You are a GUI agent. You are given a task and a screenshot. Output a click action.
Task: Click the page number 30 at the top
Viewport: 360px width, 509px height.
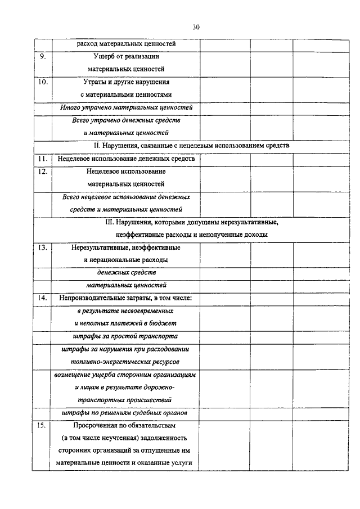click(x=196, y=27)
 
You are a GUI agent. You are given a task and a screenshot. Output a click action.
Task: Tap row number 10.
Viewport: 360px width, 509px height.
click(x=43, y=82)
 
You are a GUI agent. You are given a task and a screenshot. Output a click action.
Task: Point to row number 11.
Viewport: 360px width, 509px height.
click(x=43, y=159)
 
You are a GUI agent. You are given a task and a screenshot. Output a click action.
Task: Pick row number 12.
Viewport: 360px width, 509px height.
click(x=43, y=171)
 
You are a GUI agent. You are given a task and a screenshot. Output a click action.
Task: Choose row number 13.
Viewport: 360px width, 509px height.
click(x=43, y=247)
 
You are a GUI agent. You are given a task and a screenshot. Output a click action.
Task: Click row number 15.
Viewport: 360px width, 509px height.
click(x=43, y=425)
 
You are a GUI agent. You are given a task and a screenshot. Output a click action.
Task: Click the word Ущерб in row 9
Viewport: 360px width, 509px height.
click(x=105, y=56)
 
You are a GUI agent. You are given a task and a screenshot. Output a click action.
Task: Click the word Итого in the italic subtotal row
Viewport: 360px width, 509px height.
click(x=71, y=107)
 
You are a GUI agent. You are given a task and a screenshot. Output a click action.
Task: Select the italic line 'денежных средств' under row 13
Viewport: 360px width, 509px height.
click(x=127, y=272)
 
